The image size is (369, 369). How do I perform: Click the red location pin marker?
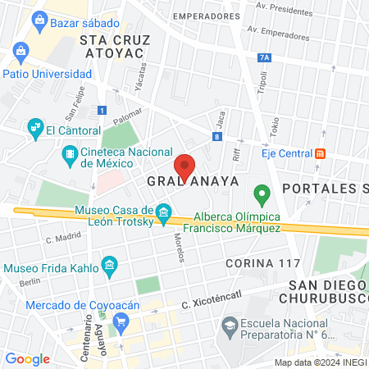pos(185,166)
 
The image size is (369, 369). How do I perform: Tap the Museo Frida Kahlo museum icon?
pos(108,265)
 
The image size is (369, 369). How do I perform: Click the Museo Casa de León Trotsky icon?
pos(163,214)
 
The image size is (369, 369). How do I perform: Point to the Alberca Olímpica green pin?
pos(262,195)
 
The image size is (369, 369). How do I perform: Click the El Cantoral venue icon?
pos(34,127)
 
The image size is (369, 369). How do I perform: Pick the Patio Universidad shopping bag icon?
pos(20,54)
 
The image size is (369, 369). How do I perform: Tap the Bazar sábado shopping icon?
pos(38,22)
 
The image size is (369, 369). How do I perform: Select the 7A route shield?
pos(263,57)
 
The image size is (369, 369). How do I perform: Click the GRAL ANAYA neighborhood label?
pos(193,180)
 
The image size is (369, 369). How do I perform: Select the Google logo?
pos(28,358)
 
